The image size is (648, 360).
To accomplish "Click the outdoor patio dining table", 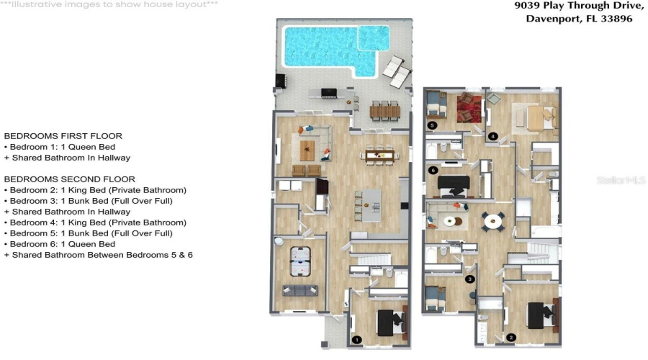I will tap(385, 111).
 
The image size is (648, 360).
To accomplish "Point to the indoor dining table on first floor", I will tap(380, 153).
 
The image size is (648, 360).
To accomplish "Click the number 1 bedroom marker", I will tap(356, 339).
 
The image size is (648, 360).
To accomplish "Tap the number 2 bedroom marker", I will tap(511, 337).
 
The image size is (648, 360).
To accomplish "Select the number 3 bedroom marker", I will tap(469, 279).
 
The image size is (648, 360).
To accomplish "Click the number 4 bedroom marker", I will tap(492, 135).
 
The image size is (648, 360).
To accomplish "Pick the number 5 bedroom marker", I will tap(432, 125).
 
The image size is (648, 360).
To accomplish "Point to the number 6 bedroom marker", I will tap(433, 170).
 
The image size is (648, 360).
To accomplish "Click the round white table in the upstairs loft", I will tap(493, 221).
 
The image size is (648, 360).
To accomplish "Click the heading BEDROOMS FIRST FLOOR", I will tap(63, 135).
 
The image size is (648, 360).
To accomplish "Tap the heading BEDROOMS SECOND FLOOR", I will tap(69, 179).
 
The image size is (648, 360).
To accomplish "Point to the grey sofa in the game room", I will tap(300, 291).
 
